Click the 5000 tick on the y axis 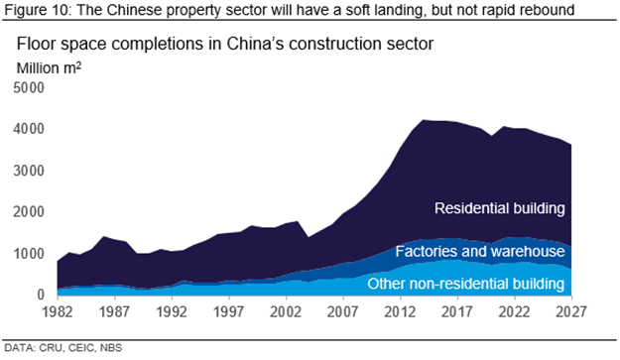[x=29, y=87]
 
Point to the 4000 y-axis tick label [x=29, y=129]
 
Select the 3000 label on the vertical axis [x=29, y=171]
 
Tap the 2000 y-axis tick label [x=29, y=212]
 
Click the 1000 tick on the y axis [x=29, y=253]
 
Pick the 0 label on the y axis [x=41, y=295]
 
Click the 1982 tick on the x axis [x=58, y=312]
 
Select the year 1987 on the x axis [x=115, y=312]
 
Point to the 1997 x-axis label [x=229, y=312]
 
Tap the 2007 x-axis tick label [x=343, y=312]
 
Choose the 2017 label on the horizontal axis [x=457, y=312]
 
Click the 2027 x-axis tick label [x=571, y=312]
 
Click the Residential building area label [x=500, y=208]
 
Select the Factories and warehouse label [x=480, y=251]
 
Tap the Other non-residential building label [x=466, y=284]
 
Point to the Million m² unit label [x=49, y=68]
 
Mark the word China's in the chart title [x=255, y=44]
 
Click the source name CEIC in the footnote [x=81, y=348]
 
